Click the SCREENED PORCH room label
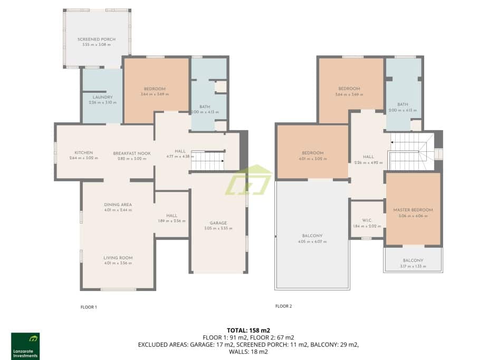click(96, 40)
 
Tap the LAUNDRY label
click(103, 97)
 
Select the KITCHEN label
click(83, 153)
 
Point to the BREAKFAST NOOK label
click(131, 153)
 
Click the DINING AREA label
click(118, 205)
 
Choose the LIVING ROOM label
click(118, 258)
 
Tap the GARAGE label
click(218, 223)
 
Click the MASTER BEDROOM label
click(413, 210)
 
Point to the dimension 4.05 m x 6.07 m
click(312, 241)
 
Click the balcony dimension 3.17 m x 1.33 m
click(413, 266)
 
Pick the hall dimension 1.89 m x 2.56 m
click(172, 220)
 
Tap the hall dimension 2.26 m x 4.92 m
click(368, 162)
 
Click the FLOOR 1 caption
click(88, 307)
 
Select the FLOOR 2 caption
click(283, 306)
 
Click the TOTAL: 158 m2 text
click(248, 330)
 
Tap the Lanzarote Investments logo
click(25, 346)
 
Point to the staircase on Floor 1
click(207, 161)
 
